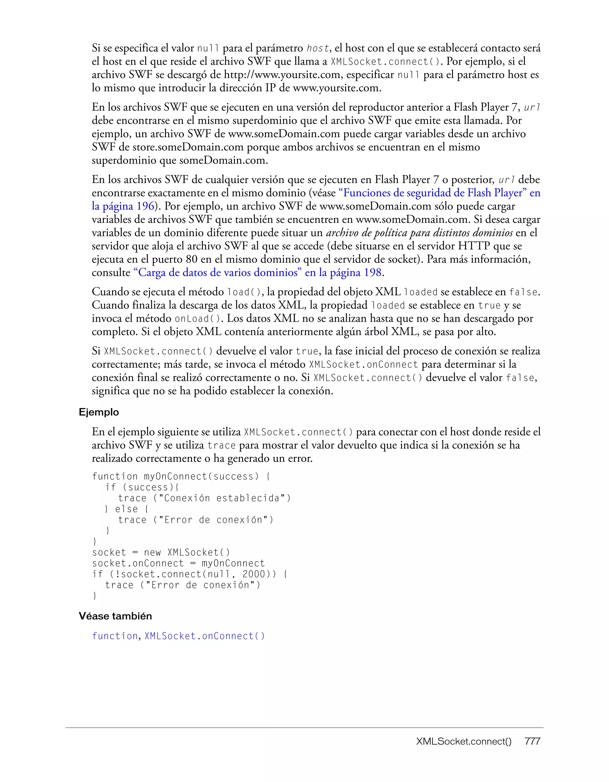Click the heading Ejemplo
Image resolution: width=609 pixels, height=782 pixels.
click(x=99, y=412)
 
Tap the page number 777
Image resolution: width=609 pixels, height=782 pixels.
click(x=532, y=742)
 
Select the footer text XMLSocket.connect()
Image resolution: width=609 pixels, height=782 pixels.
click(x=464, y=742)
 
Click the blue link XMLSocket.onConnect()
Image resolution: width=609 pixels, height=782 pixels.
click(x=205, y=636)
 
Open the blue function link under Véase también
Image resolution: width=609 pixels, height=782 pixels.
click(x=115, y=636)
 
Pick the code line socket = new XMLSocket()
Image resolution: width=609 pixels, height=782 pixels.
click(x=161, y=553)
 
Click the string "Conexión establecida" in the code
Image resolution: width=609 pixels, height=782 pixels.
click(x=222, y=498)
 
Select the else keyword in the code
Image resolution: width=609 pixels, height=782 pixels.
click(x=126, y=509)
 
